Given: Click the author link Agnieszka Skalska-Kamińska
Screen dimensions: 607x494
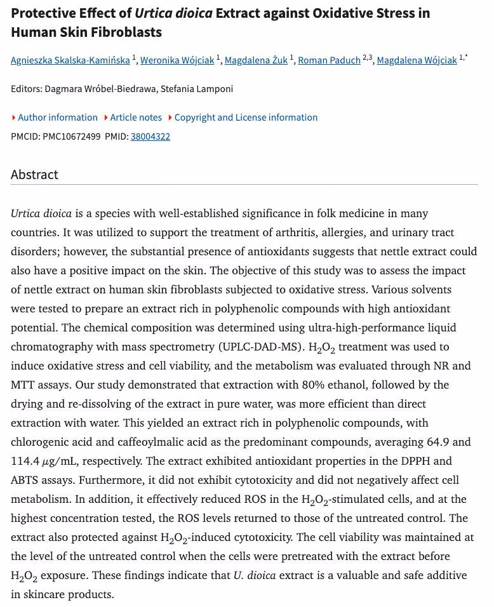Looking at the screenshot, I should (x=70, y=61).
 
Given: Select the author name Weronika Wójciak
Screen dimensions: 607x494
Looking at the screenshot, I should (x=177, y=61).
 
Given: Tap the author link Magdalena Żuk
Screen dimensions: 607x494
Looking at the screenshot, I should (x=257, y=61).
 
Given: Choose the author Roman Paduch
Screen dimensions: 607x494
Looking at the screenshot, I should (x=329, y=61).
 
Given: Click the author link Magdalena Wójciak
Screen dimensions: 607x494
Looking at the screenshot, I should (x=417, y=61).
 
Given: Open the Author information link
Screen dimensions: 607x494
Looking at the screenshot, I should (x=57, y=117).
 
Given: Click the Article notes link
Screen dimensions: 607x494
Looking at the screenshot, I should (x=136, y=117).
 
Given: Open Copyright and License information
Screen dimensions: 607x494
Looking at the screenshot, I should (x=246, y=117).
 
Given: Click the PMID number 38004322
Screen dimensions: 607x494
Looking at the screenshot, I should (x=150, y=137).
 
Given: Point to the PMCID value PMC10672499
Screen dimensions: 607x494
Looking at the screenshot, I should (x=71, y=137).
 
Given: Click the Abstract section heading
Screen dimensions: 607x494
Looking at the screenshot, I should (x=34, y=175).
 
